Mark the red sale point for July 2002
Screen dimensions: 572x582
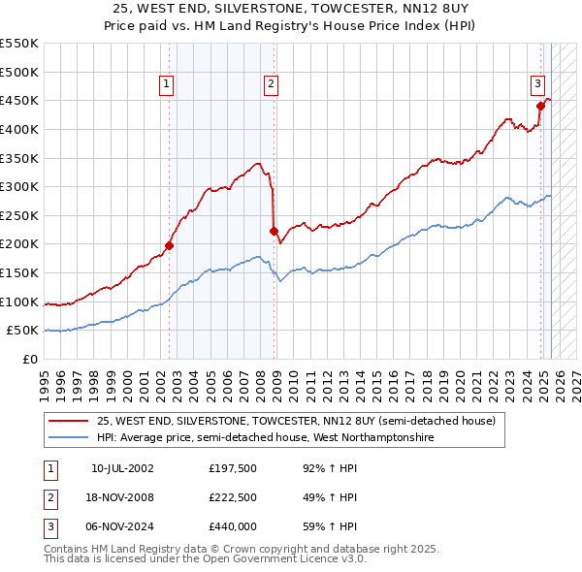[169, 245]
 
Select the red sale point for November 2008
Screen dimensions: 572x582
[274, 231]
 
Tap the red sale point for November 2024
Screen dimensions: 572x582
[540, 106]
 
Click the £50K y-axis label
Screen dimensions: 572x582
[23, 331]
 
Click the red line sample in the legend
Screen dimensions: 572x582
[69, 422]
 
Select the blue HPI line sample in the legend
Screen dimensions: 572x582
[69, 438]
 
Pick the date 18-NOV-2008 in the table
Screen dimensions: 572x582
[122, 499]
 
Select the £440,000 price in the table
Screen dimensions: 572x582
[233, 528]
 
